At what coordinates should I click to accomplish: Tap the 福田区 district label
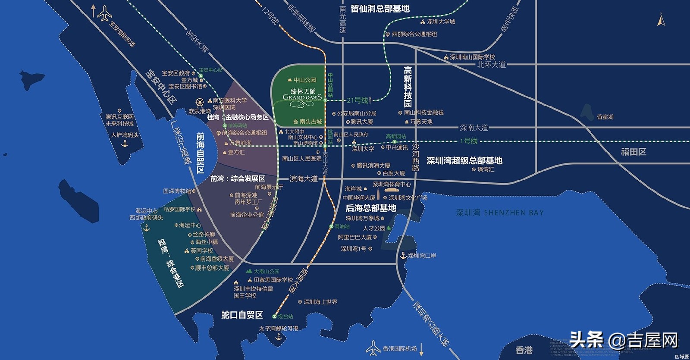pos(633,152)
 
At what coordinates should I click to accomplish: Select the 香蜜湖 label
pos(605,117)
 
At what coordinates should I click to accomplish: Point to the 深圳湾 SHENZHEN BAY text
pos(500,213)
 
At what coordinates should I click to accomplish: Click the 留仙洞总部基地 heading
pos(380,9)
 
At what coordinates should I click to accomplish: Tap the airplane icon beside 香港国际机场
pos(373,348)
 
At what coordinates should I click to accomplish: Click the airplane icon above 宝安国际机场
pos(104,13)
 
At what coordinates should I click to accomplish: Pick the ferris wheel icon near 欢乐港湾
pos(199,103)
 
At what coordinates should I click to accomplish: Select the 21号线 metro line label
pos(358,100)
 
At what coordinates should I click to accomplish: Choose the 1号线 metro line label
pos(468,141)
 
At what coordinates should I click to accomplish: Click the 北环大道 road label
pos(491,65)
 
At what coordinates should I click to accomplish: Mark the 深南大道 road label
pos(474,128)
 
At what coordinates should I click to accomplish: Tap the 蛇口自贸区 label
pos(242,315)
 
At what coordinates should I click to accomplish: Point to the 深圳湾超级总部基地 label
pos(464,160)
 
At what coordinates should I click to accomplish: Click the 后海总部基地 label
pos(370,208)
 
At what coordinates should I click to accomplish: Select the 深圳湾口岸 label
pos(422,256)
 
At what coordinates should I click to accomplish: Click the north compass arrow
pos(661,20)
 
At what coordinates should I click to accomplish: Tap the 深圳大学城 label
pos(441,22)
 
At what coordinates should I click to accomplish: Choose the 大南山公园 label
pos(266,272)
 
